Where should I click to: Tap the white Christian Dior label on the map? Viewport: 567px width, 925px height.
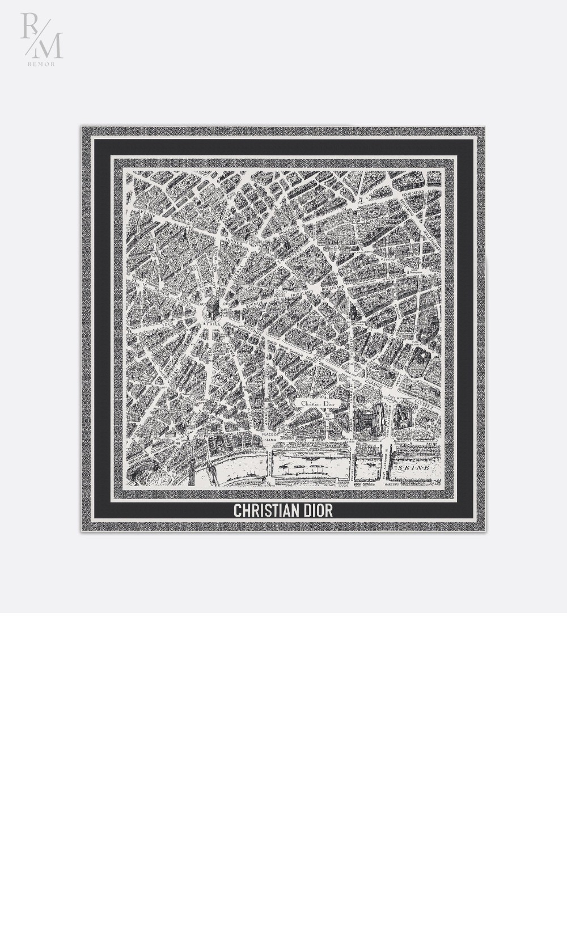318,404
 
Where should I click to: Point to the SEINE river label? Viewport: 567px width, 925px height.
413,468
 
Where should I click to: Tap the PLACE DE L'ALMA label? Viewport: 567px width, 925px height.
271,437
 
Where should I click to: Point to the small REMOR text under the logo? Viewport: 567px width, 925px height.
41,64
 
